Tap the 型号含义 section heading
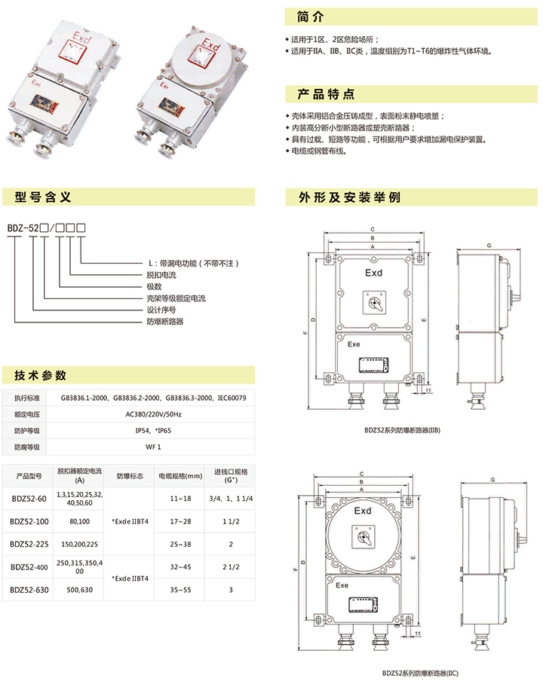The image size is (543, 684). point(44,197)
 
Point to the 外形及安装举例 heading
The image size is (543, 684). point(349,198)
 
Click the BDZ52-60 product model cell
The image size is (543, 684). point(29,499)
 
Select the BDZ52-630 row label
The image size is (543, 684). point(30,590)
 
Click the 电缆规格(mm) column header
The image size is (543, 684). point(179,476)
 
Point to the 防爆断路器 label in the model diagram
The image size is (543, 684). point(164,322)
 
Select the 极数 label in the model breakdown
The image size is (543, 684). point(155,287)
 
